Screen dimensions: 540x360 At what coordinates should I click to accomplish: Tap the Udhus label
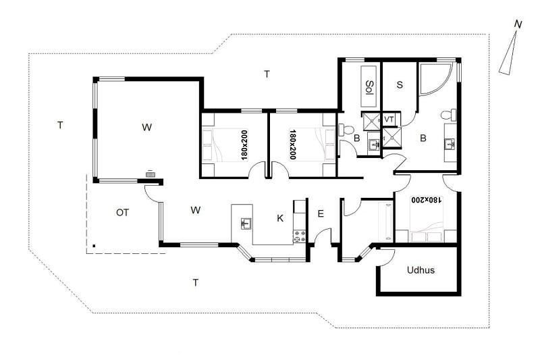[x=421, y=270]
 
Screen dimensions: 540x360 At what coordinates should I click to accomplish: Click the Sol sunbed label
[x=369, y=88]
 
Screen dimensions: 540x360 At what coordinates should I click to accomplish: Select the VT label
[x=389, y=120]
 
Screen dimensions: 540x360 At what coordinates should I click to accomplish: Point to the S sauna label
[x=400, y=84]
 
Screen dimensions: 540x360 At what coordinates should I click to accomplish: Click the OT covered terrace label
[x=122, y=213]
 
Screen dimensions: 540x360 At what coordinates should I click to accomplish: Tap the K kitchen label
[x=280, y=218]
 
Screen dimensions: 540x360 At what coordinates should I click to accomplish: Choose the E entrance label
[x=320, y=214]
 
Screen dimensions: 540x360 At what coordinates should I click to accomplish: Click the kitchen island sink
[x=246, y=224]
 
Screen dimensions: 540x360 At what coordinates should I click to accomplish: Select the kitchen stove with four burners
[x=299, y=236]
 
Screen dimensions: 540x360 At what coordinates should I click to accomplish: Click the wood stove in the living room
[x=150, y=174]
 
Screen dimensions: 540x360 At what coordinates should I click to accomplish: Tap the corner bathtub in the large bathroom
[x=435, y=79]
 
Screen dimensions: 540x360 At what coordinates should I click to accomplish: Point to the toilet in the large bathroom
[x=449, y=115]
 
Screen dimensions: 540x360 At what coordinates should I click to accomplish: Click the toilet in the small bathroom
[x=346, y=130]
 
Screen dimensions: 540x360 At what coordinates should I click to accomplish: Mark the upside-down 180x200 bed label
[x=426, y=200]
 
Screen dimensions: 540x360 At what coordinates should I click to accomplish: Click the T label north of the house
[x=267, y=74]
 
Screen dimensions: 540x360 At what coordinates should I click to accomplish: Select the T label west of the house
[x=60, y=125]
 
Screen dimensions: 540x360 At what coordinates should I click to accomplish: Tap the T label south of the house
[x=196, y=283]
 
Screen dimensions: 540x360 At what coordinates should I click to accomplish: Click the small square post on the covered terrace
[x=94, y=246]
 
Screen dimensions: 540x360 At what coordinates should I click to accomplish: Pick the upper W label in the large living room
[x=146, y=127]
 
